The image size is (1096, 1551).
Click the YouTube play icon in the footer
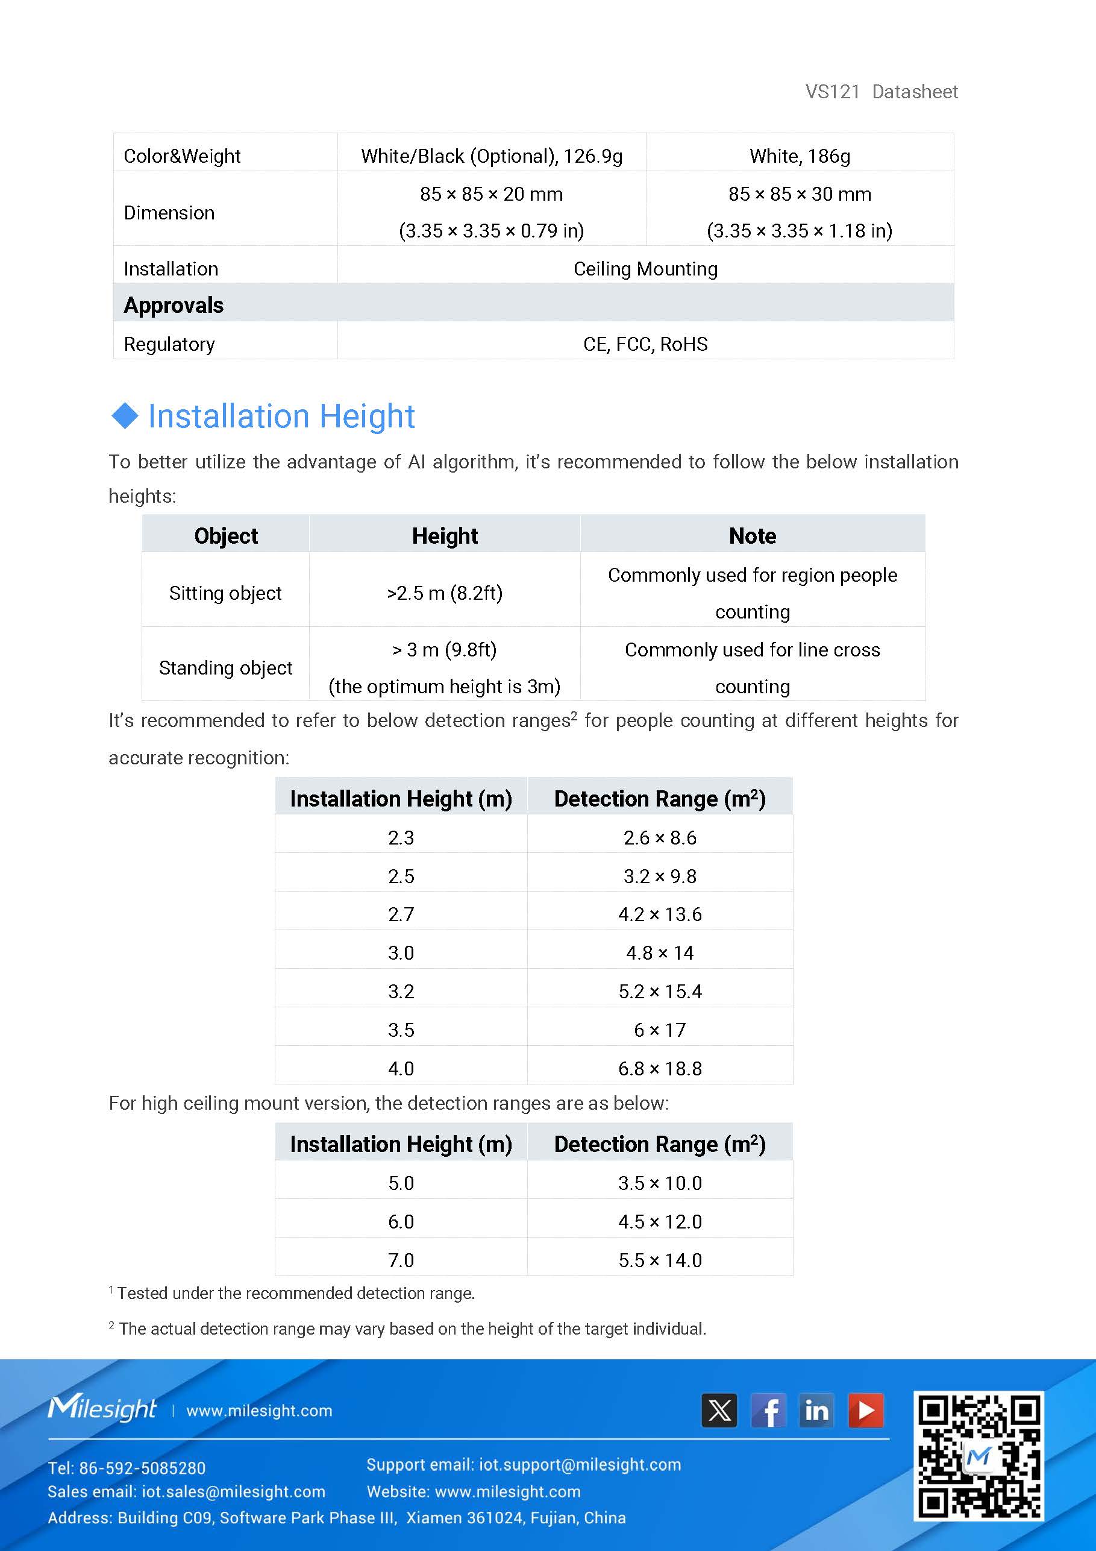coord(866,1411)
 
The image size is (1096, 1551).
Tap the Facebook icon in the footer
coord(768,1411)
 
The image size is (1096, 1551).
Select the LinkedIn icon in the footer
coord(816,1411)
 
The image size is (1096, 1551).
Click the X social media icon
coord(719,1411)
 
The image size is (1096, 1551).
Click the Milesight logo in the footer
coord(102,1409)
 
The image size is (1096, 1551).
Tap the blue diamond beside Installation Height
coord(124,415)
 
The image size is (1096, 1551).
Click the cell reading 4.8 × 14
coord(660,953)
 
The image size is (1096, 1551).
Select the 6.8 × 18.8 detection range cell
coord(660,1069)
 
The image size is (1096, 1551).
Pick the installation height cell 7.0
coord(401,1260)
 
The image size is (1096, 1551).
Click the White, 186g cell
coord(800,156)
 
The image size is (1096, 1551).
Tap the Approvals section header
coord(174,306)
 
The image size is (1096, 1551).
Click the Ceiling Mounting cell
coord(645,269)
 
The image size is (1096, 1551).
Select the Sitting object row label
coord(225,593)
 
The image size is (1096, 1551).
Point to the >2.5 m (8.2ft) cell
coord(444,593)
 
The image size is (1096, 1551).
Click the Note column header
coord(753,536)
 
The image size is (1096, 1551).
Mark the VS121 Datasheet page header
coord(881,92)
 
